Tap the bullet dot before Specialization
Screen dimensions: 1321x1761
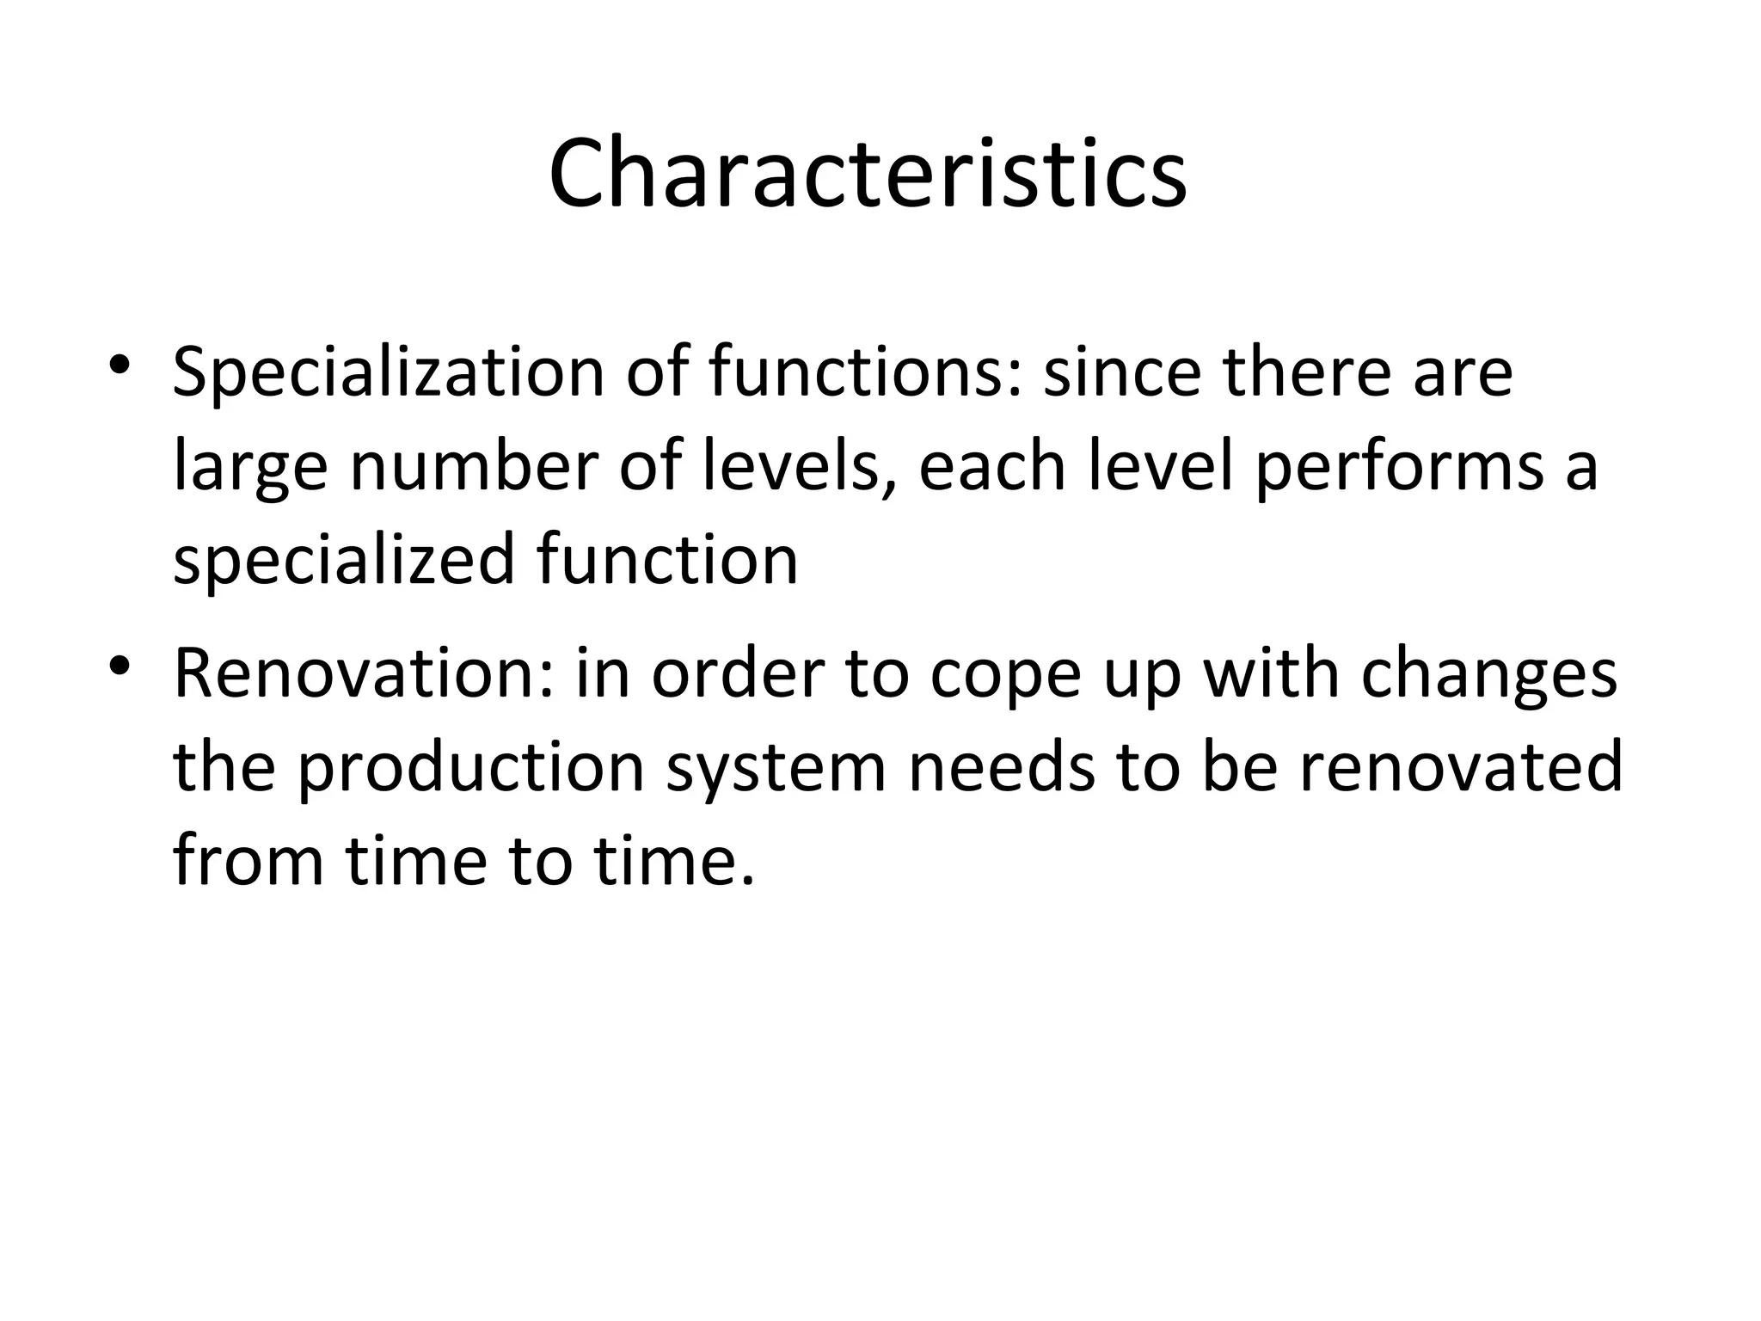point(120,363)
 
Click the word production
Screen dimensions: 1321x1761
point(471,768)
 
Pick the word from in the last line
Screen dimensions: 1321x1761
point(249,861)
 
